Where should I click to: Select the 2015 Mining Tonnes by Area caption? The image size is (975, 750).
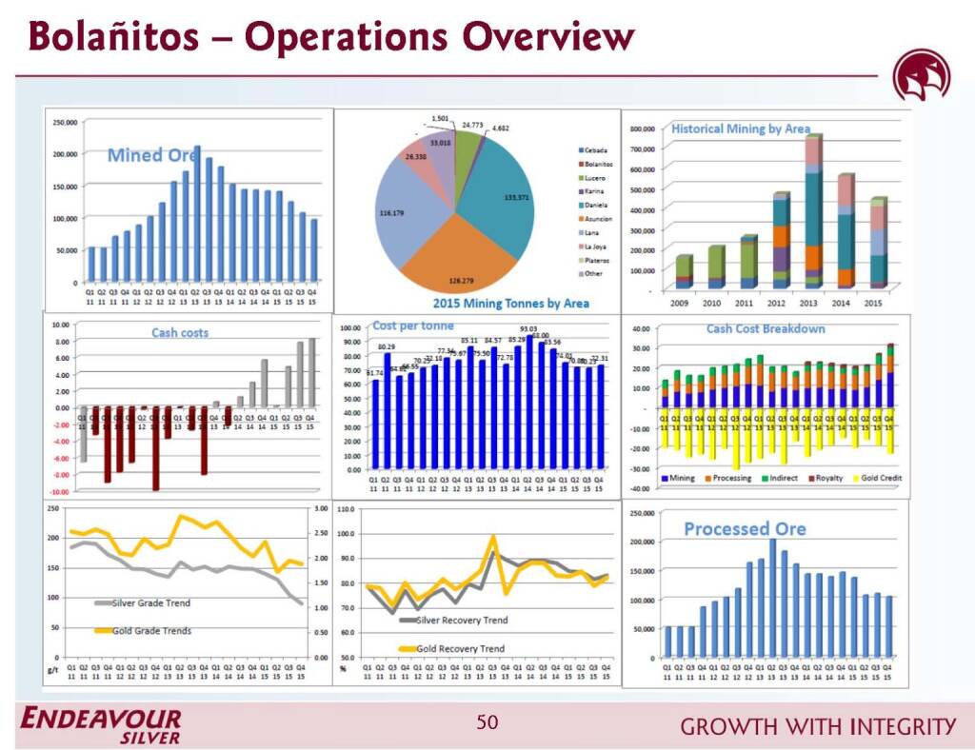tap(511, 304)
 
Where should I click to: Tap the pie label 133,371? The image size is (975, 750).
tap(516, 197)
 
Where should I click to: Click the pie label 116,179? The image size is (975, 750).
tap(391, 213)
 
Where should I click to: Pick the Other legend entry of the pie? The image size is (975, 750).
tap(592, 274)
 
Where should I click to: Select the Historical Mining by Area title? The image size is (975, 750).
tap(741, 128)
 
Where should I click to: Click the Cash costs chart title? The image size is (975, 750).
tap(180, 333)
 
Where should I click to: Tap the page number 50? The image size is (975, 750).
tap(487, 723)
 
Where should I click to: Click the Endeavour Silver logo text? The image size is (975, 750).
tap(101, 725)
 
